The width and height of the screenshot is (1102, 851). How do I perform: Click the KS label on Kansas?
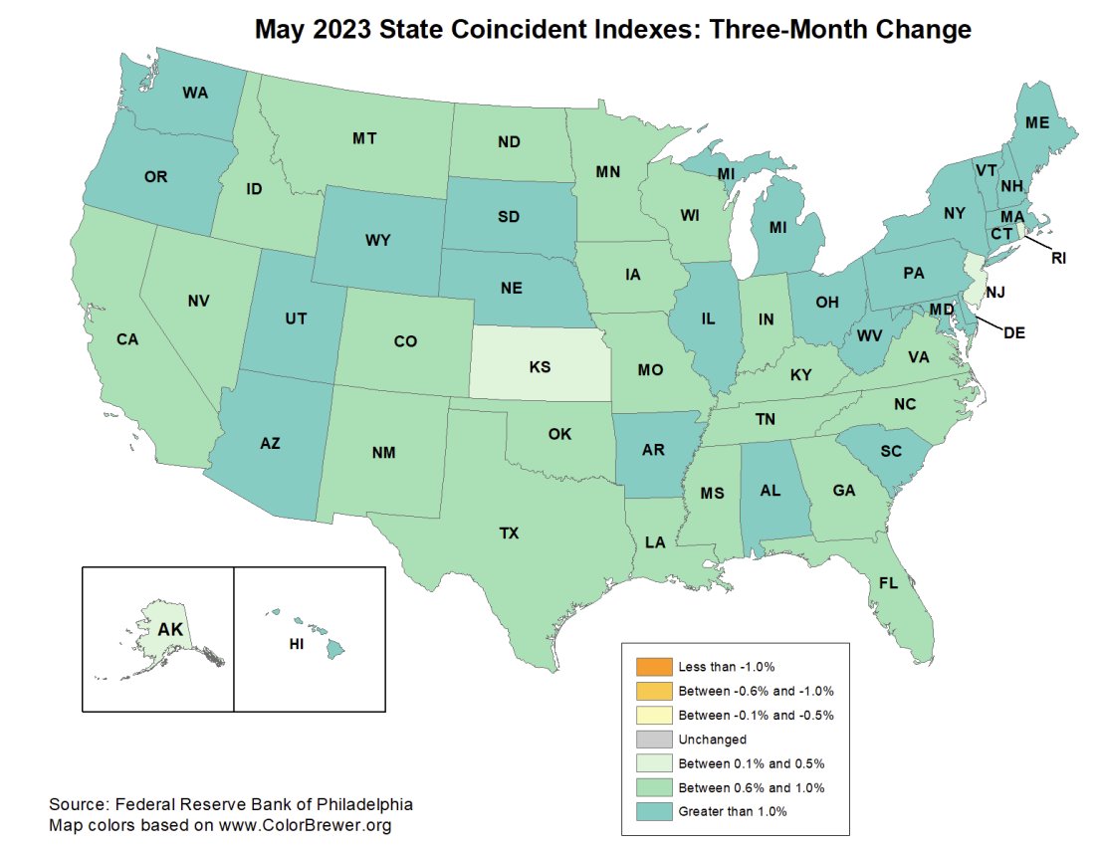(x=540, y=367)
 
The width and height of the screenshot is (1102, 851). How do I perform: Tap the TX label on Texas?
(x=509, y=533)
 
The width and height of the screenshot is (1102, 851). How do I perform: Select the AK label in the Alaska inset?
(x=171, y=629)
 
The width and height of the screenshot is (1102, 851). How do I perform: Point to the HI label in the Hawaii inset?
(x=296, y=644)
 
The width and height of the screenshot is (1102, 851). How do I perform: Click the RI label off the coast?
(x=1058, y=258)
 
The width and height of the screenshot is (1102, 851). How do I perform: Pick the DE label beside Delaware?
(x=1014, y=332)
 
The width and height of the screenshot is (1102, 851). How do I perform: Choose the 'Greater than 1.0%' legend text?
(x=733, y=811)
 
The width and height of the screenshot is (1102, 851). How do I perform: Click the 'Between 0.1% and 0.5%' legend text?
(x=752, y=763)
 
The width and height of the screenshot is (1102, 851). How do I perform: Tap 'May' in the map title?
(x=284, y=30)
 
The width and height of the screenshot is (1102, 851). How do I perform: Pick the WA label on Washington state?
(x=195, y=94)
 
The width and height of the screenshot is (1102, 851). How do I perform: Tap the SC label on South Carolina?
(x=891, y=451)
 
